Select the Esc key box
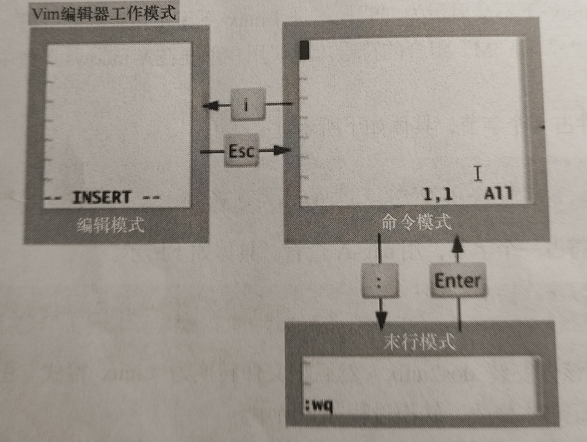pos(241,151)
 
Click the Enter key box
pos(458,281)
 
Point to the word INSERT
pos(102,197)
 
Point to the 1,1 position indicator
pos(438,194)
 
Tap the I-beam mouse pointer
pos(478,174)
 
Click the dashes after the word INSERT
pos(151,197)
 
